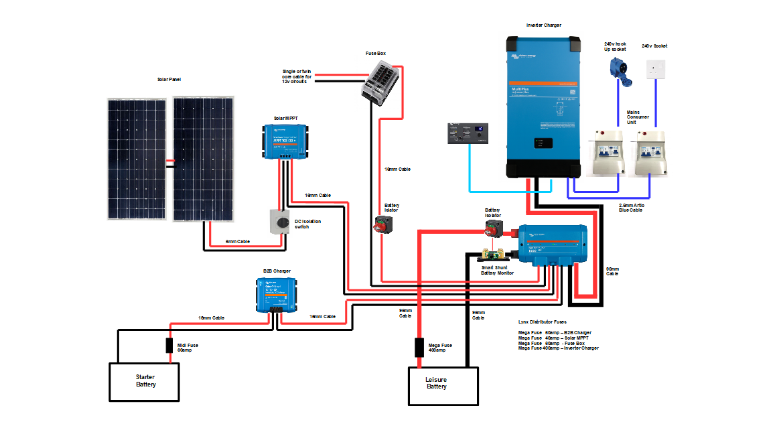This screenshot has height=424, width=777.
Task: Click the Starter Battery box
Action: (x=145, y=381)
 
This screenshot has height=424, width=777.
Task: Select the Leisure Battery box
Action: (x=443, y=386)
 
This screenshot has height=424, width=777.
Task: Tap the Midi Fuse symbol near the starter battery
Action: (x=170, y=346)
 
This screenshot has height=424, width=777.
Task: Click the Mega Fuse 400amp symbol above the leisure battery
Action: (x=419, y=348)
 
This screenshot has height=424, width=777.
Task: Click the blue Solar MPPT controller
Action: (x=285, y=141)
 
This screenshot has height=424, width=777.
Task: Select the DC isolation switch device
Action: (x=278, y=221)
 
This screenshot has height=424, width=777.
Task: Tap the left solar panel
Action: (x=137, y=159)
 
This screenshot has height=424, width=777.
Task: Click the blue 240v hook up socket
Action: (x=618, y=68)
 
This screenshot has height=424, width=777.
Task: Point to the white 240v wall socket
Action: (x=655, y=68)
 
